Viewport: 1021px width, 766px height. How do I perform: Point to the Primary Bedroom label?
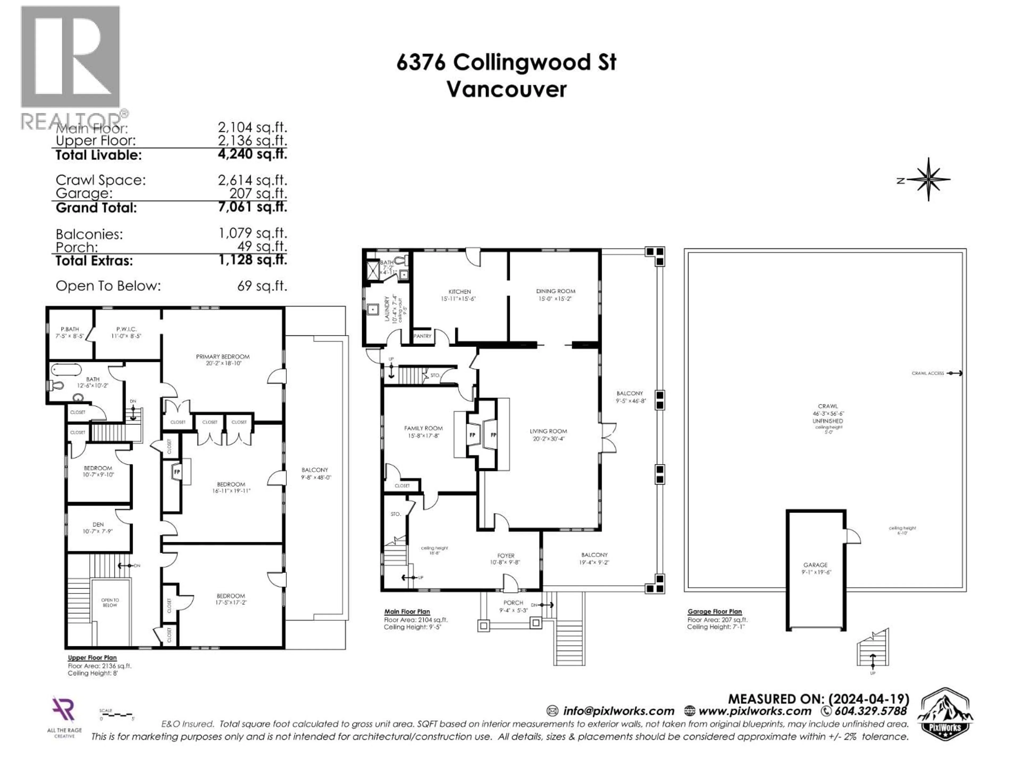[x=223, y=356]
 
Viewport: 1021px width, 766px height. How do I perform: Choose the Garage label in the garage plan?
[x=815, y=565]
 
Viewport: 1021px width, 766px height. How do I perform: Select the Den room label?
[x=98, y=524]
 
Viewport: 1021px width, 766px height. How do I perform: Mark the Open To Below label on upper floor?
[x=110, y=602]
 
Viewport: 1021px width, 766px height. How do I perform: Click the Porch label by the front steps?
[x=513, y=602]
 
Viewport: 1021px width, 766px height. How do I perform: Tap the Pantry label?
[x=422, y=336]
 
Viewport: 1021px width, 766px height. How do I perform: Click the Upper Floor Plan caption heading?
[x=92, y=657]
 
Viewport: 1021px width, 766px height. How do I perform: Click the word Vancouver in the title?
[x=506, y=89]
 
